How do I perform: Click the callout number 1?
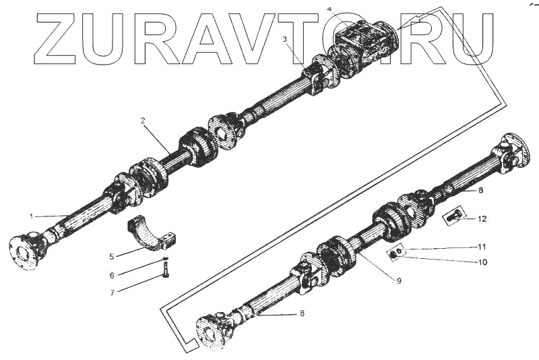(31, 216)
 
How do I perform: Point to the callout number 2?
(143, 121)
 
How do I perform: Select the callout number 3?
(285, 39)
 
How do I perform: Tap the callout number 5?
(112, 256)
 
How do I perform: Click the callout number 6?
(112, 275)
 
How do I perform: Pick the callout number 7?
(112, 292)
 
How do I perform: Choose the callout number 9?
(399, 280)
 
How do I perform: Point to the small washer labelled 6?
(165, 259)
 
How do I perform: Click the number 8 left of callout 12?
(481, 191)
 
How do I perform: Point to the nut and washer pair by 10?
(395, 253)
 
